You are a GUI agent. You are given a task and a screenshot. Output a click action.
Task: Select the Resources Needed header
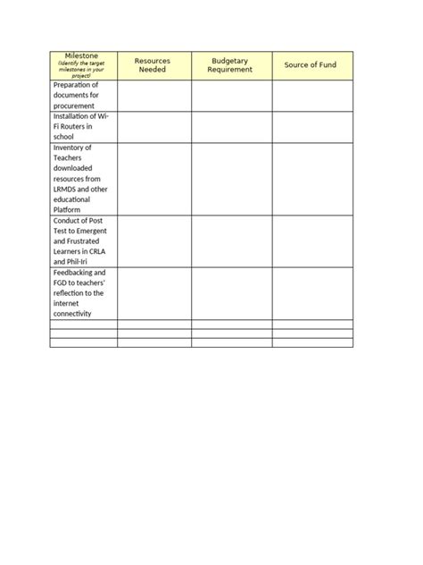(153, 65)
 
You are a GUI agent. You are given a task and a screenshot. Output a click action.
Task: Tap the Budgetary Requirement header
(230, 65)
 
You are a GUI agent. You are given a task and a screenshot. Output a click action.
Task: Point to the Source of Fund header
(311, 65)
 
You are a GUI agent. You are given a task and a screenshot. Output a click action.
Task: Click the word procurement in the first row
(74, 105)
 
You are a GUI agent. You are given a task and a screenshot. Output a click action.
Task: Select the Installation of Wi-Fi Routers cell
(81, 126)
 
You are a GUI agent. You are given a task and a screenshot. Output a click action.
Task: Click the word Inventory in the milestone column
(72, 148)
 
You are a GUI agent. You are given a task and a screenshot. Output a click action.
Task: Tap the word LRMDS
(67, 190)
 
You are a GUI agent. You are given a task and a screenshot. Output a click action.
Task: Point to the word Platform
(70, 210)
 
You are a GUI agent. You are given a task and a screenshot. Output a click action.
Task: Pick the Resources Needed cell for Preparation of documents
(153, 95)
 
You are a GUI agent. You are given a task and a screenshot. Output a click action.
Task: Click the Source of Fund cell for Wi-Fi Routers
(312, 126)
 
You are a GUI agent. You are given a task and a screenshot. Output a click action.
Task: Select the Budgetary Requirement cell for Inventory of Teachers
(231, 179)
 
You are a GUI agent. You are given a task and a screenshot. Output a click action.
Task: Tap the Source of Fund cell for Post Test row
(312, 240)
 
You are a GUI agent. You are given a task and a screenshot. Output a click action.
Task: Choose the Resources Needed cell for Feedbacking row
(153, 293)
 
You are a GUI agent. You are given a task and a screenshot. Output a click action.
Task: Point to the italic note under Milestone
(82, 70)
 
